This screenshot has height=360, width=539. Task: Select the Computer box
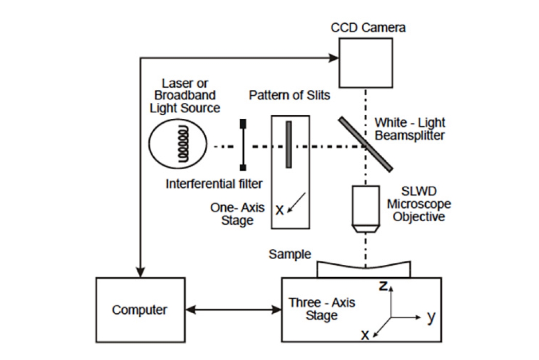139,310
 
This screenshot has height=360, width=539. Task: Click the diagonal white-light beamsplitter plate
366,144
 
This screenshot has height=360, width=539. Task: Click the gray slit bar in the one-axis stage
289,144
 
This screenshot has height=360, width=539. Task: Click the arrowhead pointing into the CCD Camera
333,58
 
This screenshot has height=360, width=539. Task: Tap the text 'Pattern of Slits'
290,95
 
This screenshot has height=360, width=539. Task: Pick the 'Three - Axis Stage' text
322,308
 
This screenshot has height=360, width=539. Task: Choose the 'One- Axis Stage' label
238,214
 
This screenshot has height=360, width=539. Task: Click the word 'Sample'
291,254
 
